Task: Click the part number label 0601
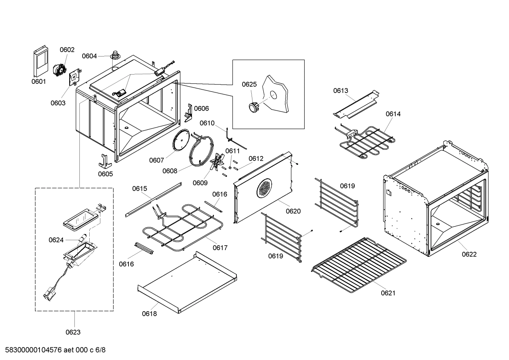coord(38,82)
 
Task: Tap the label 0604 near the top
coord(89,56)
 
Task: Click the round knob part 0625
coord(253,106)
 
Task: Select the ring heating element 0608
coord(202,151)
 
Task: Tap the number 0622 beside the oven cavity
coord(469,254)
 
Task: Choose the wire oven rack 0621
coord(358,264)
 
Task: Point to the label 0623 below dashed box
coord(73,332)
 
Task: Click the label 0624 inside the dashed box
coord(56,240)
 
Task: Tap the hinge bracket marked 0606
coord(188,112)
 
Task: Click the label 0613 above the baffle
coord(341,91)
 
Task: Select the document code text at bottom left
coord(53,350)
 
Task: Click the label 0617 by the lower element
coord(220,248)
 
